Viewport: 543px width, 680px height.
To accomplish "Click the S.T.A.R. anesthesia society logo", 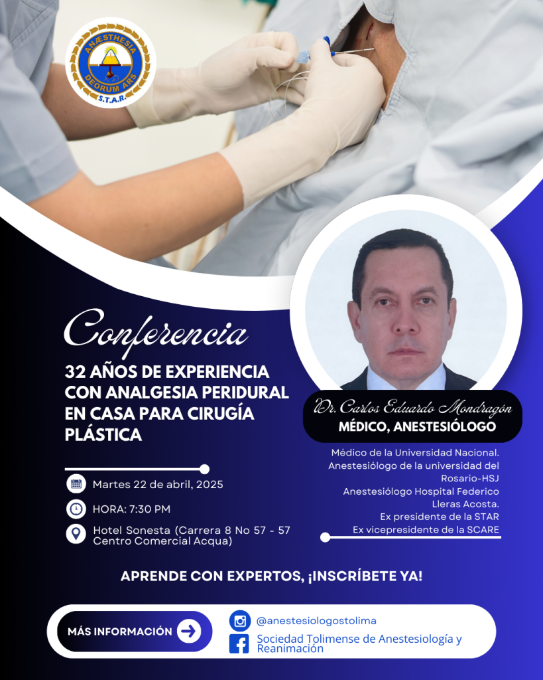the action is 111,63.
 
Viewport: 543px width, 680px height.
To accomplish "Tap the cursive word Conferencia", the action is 156,333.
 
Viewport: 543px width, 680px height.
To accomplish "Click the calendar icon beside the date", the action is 76,484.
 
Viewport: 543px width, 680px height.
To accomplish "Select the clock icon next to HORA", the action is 76,509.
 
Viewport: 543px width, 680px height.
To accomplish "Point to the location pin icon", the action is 76,533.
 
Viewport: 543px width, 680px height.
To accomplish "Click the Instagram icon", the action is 240,621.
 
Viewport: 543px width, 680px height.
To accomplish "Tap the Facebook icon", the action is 239,643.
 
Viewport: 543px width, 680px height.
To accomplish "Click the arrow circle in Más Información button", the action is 189,631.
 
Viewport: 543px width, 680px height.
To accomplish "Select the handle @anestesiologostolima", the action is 316,621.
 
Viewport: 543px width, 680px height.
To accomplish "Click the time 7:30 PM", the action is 150,509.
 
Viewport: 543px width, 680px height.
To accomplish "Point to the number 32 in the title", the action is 74,372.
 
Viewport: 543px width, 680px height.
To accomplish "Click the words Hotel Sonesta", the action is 132,530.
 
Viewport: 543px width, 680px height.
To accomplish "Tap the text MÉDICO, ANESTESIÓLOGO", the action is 417,427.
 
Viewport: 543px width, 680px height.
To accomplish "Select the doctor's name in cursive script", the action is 413,408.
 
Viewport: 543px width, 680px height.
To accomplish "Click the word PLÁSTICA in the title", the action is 103,434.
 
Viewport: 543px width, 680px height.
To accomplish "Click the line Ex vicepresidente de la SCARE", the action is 426,529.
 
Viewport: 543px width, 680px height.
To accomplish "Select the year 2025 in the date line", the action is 210,484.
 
